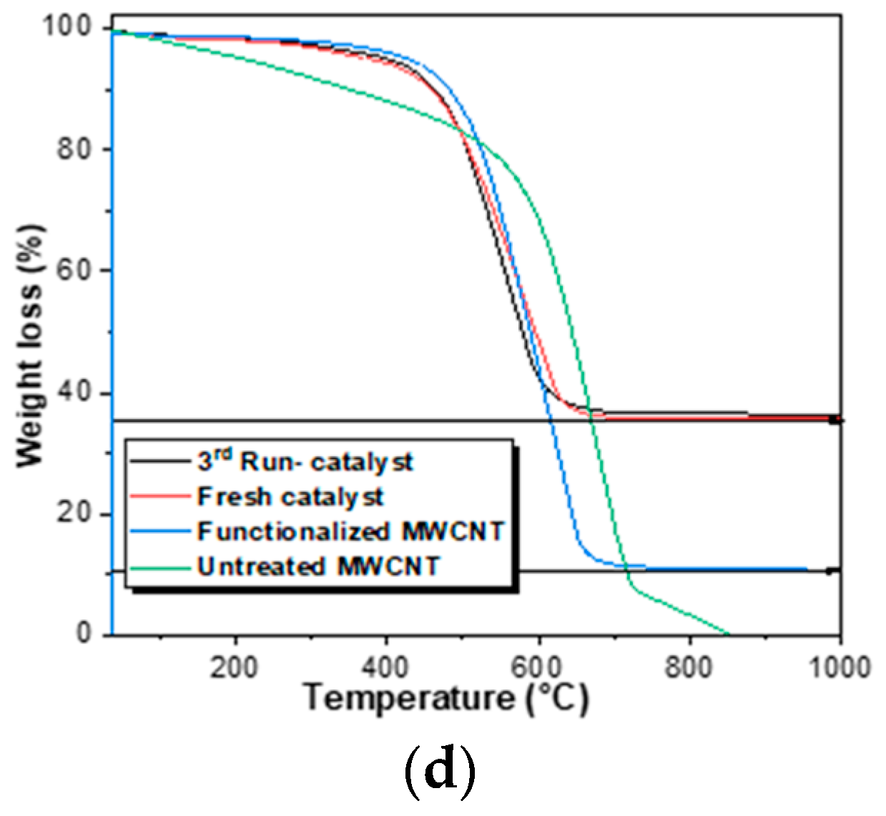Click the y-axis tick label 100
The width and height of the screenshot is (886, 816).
tap(67, 26)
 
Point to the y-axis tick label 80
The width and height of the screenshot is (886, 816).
tap(75, 149)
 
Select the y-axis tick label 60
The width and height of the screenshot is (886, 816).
tap(75, 271)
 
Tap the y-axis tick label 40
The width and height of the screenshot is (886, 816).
tap(75, 393)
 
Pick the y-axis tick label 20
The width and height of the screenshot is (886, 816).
tap(75, 513)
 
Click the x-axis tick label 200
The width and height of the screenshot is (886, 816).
tap(234, 667)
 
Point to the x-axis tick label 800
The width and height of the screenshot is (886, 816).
tap(689, 667)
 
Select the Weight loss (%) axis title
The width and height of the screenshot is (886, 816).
tap(29, 346)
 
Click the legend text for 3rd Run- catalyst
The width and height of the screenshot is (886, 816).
tap(305, 462)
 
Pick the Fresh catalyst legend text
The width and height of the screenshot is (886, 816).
tap(290, 497)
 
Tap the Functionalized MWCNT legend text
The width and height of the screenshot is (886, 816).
tap(351, 531)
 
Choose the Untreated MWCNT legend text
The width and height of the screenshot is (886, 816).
tap(318, 566)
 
